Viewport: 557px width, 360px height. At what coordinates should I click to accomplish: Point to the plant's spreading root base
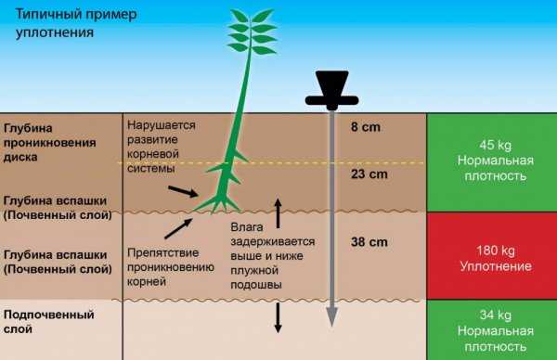[x=224, y=198]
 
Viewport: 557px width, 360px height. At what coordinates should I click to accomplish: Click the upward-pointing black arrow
[x=276, y=205]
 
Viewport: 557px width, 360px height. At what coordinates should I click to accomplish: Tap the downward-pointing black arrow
[x=276, y=317]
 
